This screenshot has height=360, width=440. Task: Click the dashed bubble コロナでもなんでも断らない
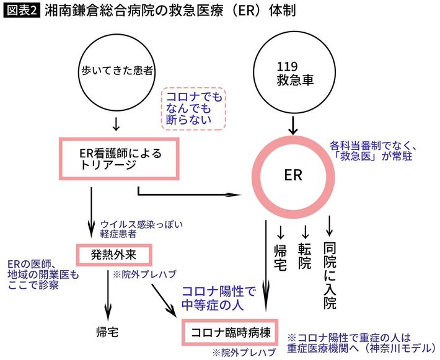(193, 108)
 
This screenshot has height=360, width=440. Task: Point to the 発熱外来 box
(113, 254)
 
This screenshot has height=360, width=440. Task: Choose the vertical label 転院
(304, 255)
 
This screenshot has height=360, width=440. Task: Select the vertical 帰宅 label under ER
(281, 255)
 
